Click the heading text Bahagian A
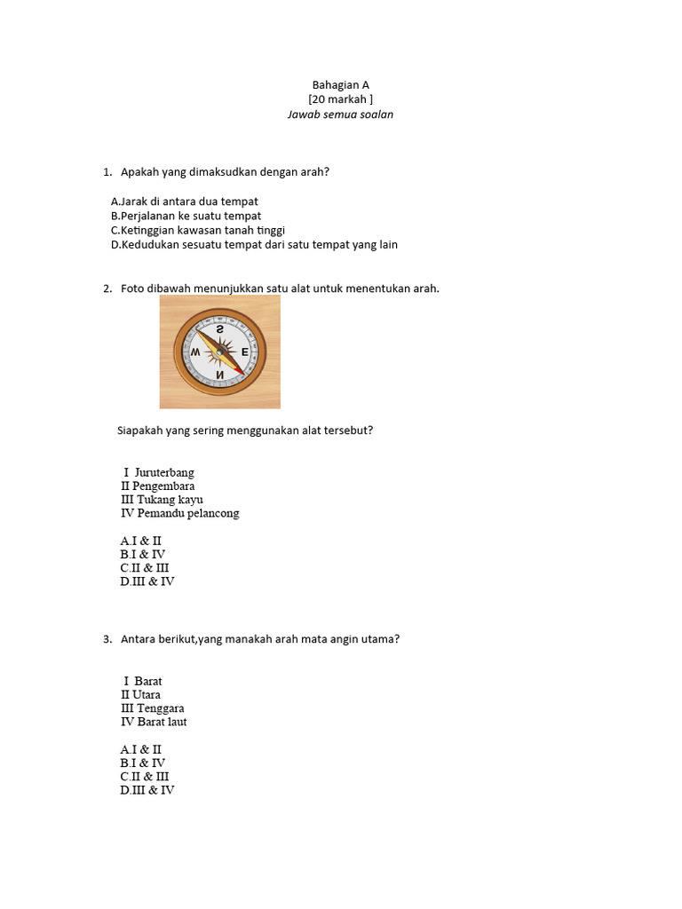point(340,85)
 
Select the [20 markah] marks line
point(340,99)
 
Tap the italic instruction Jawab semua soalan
point(340,115)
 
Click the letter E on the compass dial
point(245,352)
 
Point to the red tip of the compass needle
point(239,368)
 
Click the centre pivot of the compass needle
point(219,352)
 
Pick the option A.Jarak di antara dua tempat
point(185,202)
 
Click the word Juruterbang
point(163,472)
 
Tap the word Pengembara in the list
point(163,486)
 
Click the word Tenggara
point(161,708)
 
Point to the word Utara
point(147,694)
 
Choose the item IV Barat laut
point(154,722)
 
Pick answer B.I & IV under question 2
point(143,554)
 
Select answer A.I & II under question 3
point(141,749)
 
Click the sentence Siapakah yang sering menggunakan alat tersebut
point(245,431)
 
